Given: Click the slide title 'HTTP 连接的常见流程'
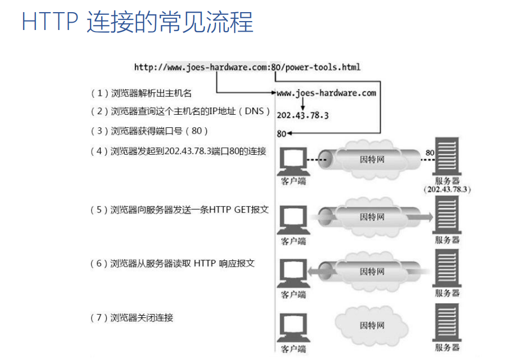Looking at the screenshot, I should point(137,23).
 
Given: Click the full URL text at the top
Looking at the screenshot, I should point(247,67).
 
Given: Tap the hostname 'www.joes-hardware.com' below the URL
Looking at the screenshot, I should point(327,93).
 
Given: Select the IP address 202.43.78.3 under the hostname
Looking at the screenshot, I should point(302,115).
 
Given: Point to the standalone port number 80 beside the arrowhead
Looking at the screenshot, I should point(281,134).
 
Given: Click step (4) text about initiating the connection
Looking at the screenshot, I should point(179,152).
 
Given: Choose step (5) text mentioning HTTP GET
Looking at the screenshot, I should point(180,209).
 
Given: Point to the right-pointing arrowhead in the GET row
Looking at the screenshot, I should point(428,217).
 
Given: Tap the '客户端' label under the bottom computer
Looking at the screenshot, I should point(293,349).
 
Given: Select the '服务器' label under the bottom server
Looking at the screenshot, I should point(447,348).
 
